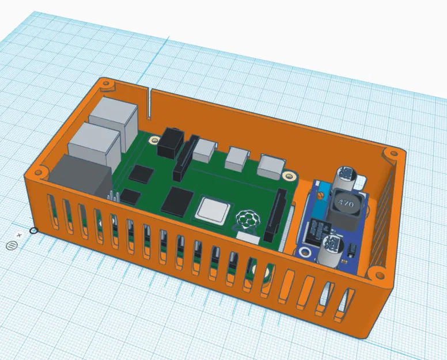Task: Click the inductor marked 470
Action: (x=344, y=205)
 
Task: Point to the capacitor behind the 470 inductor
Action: (x=348, y=175)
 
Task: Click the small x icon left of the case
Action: (x=19, y=235)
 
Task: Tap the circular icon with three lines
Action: (x=11, y=245)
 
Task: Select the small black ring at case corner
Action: (x=33, y=231)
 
